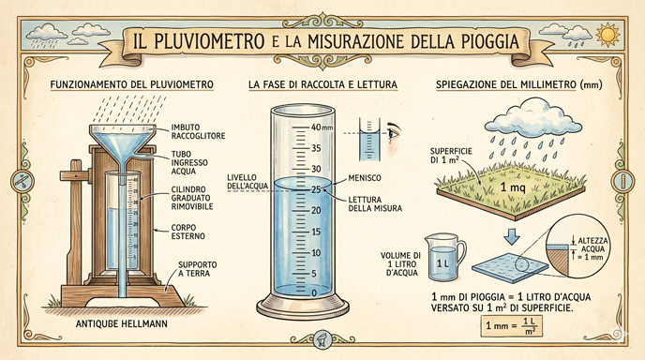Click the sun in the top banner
(607, 35)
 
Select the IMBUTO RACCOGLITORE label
(198, 131)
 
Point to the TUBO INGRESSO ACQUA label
(189, 162)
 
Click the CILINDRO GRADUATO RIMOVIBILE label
(192, 198)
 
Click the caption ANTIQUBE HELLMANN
(121, 324)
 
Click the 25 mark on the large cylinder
(316, 189)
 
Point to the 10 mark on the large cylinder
(316, 252)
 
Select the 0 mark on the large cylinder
(314, 292)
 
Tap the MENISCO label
(365, 178)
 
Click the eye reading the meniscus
(394, 133)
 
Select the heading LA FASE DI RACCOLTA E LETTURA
(322, 84)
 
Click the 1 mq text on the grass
(513, 188)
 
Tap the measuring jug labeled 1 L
(444, 258)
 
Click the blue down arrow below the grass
(512, 236)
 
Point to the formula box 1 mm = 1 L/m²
(511, 326)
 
